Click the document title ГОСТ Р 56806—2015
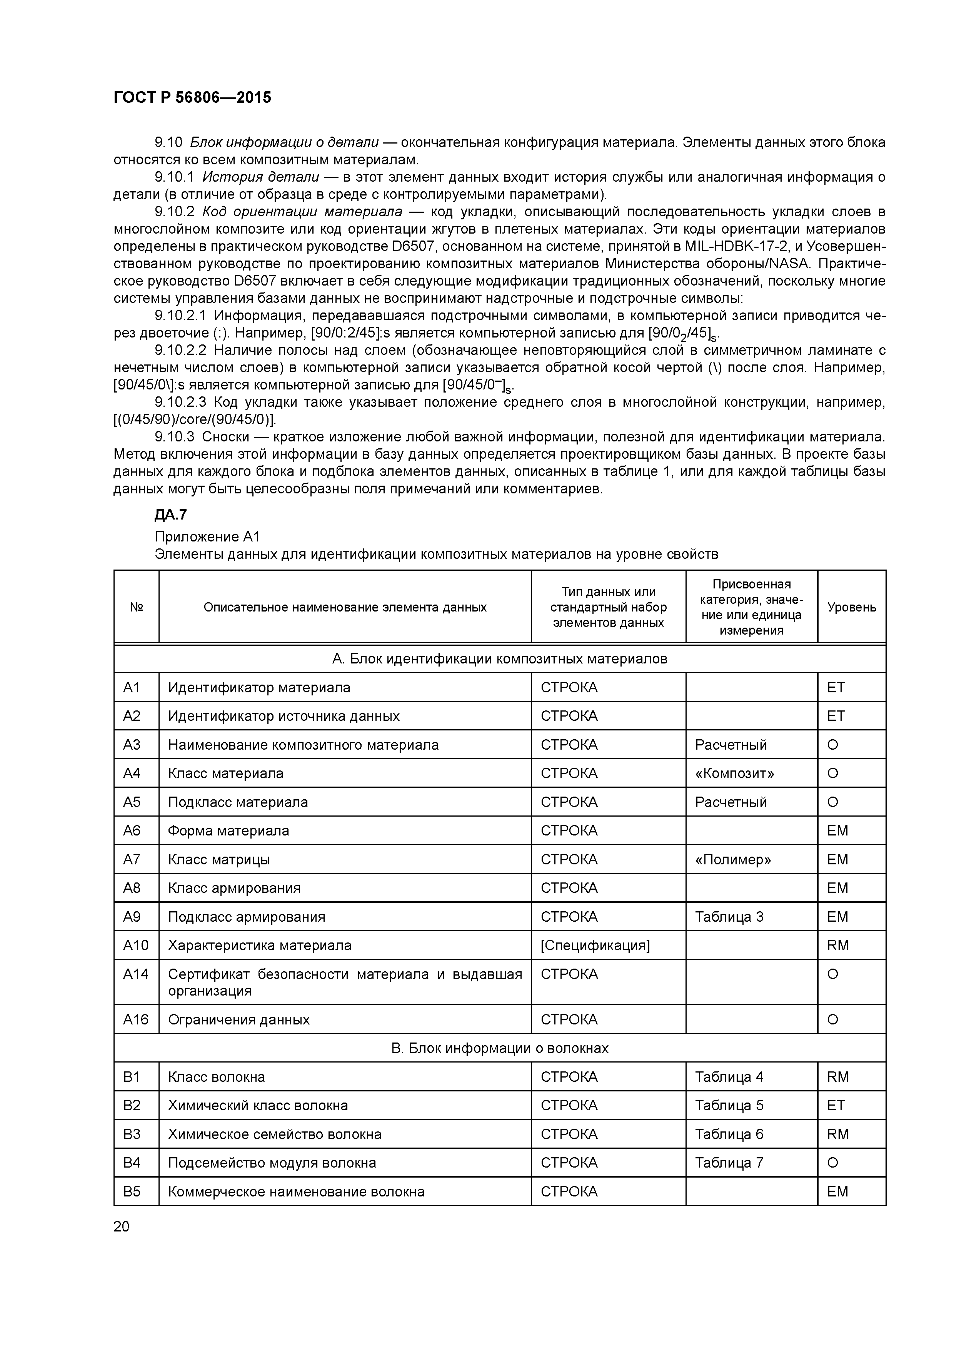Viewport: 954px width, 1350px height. click(x=192, y=98)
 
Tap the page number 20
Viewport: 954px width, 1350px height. click(x=121, y=1226)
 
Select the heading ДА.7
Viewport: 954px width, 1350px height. click(x=170, y=515)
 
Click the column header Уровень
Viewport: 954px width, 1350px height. click(x=851, y=607)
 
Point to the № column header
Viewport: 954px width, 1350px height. click(x=137, y=607)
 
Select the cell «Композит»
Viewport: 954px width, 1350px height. click(x=734, y=773)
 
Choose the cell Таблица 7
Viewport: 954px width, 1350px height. click(x=729, y=1162)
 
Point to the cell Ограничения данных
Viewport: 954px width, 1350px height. click(x=239, y=1019)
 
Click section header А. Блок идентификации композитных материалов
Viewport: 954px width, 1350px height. click(x=500, y=658)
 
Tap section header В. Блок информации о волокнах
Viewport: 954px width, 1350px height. click(x=500, y=1048)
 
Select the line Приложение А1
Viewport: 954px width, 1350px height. click(x=207, y=536)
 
